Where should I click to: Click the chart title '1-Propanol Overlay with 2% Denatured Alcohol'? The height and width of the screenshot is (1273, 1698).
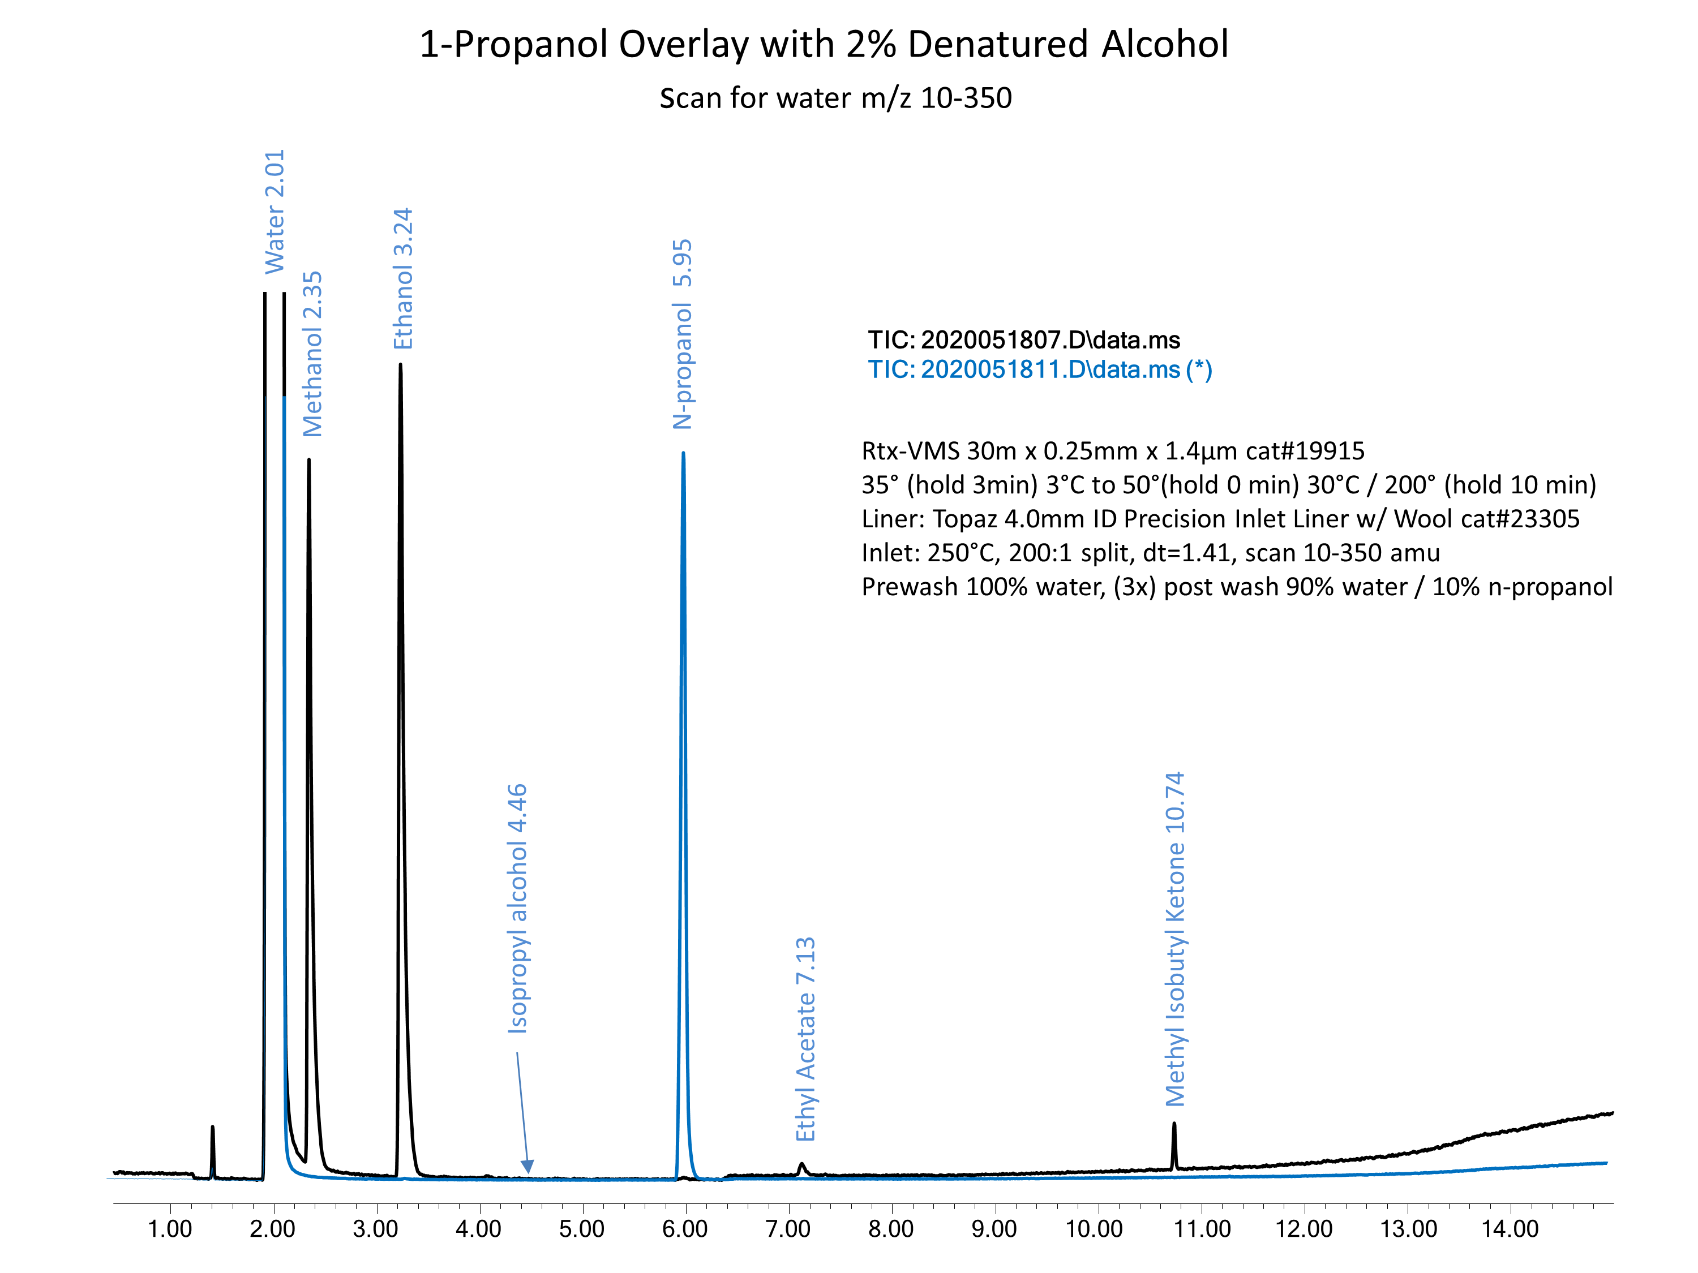823,45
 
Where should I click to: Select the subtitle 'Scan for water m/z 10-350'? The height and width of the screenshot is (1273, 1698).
835,98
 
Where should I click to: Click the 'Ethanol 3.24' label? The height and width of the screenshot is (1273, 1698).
403,278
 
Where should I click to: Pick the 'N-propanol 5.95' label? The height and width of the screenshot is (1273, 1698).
683,334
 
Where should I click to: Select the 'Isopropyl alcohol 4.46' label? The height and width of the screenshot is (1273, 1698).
517,908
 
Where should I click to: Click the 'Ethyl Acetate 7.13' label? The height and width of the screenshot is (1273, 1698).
805,1038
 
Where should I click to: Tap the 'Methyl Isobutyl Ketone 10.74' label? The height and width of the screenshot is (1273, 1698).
1175,939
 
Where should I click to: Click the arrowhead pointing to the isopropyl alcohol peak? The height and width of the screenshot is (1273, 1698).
528,1166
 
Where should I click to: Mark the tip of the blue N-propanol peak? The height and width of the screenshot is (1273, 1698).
683,454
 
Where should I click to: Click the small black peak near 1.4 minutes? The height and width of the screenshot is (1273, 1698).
213,1128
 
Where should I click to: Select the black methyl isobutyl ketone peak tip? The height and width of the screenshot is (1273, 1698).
1174,1124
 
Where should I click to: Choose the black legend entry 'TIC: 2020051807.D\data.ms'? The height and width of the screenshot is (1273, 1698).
1024,340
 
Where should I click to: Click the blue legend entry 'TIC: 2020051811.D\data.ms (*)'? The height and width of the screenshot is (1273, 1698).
1040,370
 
